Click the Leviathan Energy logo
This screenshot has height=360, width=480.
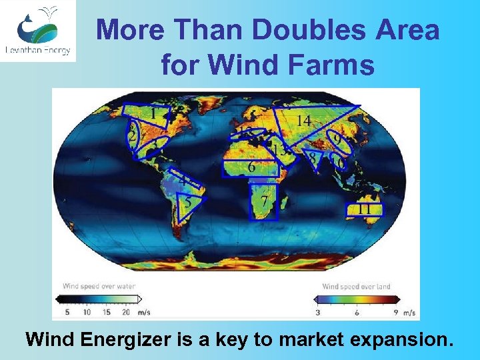pos(37,31)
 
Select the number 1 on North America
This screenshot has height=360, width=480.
pos(153,115)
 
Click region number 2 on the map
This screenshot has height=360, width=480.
pos(133,137)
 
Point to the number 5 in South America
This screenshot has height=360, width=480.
pos(189,201)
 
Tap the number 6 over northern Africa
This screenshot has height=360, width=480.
pos(251,167)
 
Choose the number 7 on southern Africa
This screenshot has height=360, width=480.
pos(265,201)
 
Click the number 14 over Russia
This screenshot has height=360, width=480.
pos(303,121)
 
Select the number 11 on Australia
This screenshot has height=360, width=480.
pos(364,209)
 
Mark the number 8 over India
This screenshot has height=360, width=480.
pos(311,157)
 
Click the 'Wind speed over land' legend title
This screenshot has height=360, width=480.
pos(357,287)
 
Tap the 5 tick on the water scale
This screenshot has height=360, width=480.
pos(67,311)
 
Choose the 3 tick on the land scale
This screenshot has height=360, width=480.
pos(318,311)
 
